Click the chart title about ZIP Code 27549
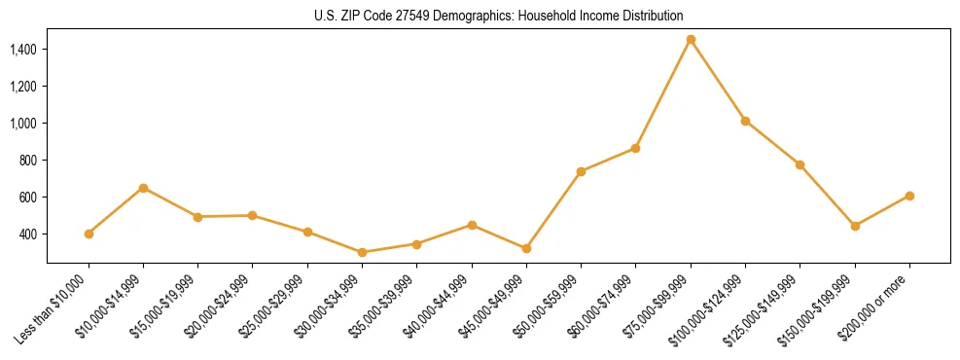coord(480,16)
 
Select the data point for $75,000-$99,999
coord(691,40)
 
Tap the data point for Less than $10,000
coord(89,234)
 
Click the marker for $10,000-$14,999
coord(143,188)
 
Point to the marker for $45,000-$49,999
coord(526,249)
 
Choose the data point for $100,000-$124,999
coord(745,121)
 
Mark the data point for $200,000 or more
coord(909,196)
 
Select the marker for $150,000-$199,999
coord(855,226)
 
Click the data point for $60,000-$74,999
coord(635,148)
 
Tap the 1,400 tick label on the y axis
coord(22,49)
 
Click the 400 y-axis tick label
coord(28,234)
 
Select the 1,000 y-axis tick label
coord(22,123)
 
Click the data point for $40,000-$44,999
coord(472,225)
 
